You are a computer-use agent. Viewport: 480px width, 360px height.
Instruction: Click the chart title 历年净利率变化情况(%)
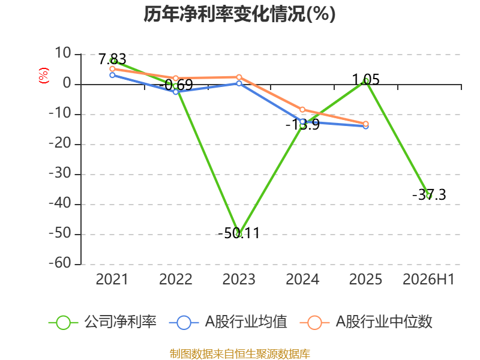(239, 14)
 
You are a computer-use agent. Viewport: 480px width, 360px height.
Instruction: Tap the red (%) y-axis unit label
(44, 76)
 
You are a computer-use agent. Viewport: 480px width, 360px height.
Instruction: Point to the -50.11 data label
(239, 233)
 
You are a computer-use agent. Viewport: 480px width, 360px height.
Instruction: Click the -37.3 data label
(429, 194)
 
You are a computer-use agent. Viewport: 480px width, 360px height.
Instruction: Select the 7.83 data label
(112, 59)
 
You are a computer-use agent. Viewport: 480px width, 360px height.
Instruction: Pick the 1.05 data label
(366, 80)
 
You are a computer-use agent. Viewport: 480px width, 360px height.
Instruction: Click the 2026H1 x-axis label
(428, 279)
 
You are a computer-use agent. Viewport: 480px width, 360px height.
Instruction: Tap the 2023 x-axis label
(239, 279)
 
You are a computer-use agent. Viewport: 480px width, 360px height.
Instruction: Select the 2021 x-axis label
(112, 279)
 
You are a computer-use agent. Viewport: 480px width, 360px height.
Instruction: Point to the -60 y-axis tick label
(60, 263)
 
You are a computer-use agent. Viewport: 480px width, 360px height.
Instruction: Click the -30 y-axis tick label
(60, 173)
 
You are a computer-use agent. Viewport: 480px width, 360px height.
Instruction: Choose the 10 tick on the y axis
(63, 53)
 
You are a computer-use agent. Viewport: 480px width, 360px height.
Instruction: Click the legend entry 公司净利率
(103, 322)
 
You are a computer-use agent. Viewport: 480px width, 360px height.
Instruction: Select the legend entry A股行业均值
(228, 322)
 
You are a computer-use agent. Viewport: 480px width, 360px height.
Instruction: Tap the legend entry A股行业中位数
(366, 322)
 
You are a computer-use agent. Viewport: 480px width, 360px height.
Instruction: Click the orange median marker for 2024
(302, 110)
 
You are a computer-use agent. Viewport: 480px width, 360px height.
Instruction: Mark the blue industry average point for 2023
(239, 83)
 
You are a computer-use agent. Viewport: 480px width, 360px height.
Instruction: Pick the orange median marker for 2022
(176, 79)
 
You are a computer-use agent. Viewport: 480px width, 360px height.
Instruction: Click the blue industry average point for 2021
(112, 75)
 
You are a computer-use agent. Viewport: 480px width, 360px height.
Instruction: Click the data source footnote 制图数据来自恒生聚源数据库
(240, 354)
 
